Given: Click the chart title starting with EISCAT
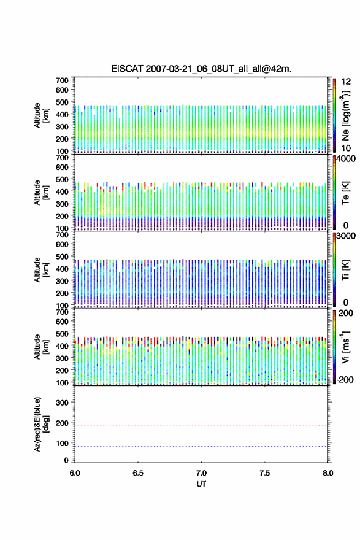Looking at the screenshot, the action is click(x=201, y=69).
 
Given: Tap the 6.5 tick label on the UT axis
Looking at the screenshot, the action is click(x=138, y=473).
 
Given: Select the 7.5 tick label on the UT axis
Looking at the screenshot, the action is click(x=265, y=473).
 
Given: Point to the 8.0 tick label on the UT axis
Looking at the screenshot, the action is click(x=328, y=473).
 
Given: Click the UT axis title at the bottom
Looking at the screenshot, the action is click(x=201, y=484).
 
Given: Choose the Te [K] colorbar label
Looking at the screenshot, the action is click(x=345, y=193).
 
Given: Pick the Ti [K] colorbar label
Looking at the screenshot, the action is click(x=345, y=269).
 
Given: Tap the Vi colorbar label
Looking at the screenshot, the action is click(x=345, y=347).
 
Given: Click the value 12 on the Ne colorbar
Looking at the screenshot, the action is click(x=346, y=82).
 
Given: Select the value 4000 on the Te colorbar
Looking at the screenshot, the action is click(x=346, y=159).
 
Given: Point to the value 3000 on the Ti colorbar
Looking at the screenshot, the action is click(x=346, y=236).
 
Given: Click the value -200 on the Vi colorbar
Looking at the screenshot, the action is click(x=345, y=379).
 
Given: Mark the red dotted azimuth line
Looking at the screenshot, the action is click(x=201, y=426).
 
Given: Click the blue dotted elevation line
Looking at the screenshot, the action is click(x=201, y=446).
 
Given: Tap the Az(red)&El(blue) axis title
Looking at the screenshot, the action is click(x=40, y=424).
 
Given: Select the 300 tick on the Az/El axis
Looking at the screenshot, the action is click(x=62, y=403).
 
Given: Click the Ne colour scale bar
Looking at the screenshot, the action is click(x=334, y=115).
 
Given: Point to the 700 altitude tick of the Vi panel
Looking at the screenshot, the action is click(x=62, y=312).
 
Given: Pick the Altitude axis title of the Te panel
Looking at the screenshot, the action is click(x=40, y=193).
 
